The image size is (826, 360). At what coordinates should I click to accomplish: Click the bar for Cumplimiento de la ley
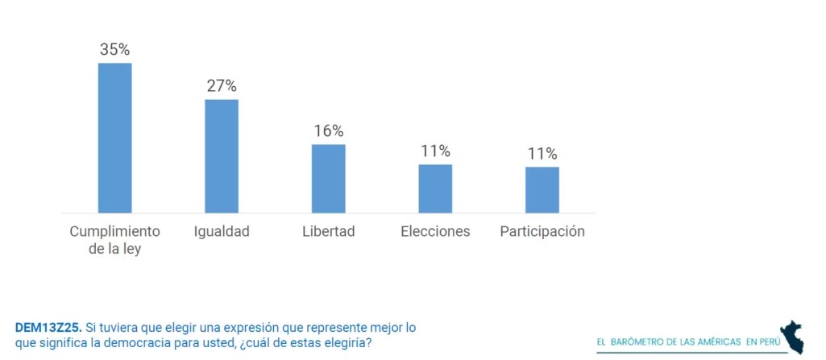(114, 138)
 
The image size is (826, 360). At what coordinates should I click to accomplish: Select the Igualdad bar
(222, 156)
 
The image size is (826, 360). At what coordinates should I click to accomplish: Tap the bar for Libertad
(328, 179)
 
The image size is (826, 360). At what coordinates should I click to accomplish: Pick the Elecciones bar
(435, 188)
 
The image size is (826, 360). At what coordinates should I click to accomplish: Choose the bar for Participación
(542, 190)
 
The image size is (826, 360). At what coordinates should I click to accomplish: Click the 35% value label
(114, 49)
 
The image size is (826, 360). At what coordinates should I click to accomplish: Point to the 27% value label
(222, 85)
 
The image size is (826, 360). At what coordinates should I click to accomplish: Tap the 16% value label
(328, 130)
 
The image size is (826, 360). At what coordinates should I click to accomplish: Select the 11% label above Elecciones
(435, 151)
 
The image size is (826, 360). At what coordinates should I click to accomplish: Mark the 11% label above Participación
(542, 153)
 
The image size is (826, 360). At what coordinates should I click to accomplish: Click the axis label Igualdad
(222, 232)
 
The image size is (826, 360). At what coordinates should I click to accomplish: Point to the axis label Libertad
(328, 232)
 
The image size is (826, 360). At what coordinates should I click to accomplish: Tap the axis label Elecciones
(435, 232)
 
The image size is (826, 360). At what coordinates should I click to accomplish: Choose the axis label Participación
(542, 232)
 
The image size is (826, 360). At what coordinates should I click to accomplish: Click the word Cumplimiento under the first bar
(114, 232)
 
